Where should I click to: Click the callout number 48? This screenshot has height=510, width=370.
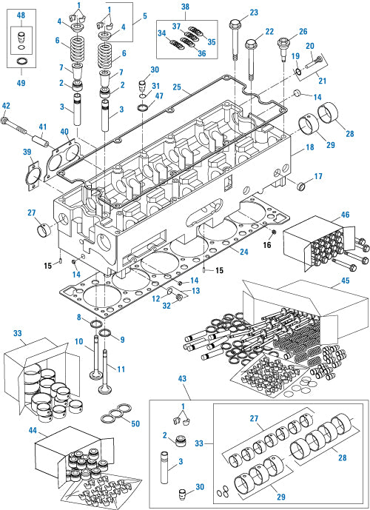pyautogui.click(x=21, y=15)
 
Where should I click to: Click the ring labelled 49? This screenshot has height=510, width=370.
pyautogui.click(x=21, y=59)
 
